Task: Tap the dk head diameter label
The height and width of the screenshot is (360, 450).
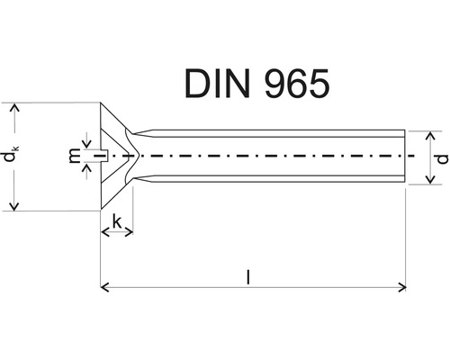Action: point(9,157)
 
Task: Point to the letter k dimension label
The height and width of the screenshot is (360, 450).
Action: point(118,220)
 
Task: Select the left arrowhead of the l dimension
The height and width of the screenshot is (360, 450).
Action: point(104,288)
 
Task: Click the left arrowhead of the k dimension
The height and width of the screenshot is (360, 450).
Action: point(104,233)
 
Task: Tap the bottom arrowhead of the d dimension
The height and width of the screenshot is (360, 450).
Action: point(429,179)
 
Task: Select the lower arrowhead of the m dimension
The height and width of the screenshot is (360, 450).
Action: point(85,168)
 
